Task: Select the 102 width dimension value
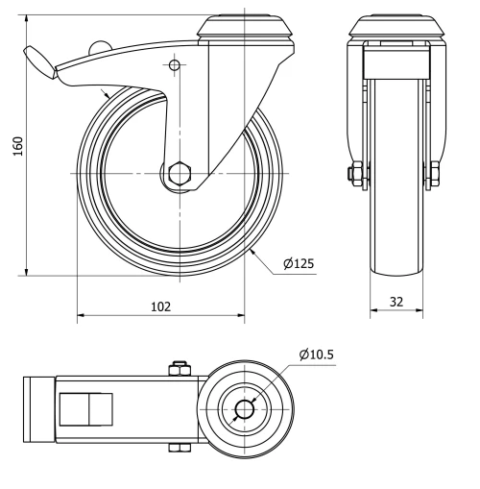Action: [160, 306]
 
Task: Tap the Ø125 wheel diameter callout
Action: [299, 262]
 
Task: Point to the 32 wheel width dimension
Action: [396, 302]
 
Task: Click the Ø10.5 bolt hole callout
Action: [316, 355]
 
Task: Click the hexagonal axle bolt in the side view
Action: [179, 174]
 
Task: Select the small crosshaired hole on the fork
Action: [174, 65]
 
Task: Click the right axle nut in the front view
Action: [434, 174]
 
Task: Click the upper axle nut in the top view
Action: [179, 368]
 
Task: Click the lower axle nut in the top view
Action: [179, 448]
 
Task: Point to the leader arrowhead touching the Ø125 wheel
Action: [251, 251]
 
